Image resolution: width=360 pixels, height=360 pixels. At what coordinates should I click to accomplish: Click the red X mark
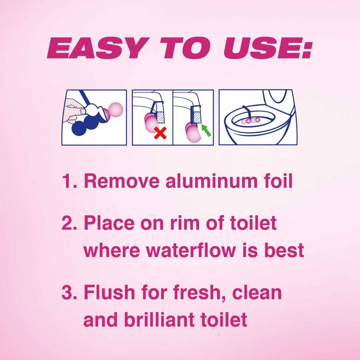[160, 133]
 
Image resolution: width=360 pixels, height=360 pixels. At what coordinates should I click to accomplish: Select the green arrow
[206, 130]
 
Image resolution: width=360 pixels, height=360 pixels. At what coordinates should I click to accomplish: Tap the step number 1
[69, 181]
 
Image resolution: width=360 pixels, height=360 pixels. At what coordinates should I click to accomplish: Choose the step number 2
[69, 223]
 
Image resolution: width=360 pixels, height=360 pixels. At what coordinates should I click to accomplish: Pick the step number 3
[69, 292]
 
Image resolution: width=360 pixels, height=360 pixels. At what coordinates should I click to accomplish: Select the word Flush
[109, 292]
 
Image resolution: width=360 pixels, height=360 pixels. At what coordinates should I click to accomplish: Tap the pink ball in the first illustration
[116, 110]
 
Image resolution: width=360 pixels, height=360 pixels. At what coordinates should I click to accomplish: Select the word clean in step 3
[257, 292]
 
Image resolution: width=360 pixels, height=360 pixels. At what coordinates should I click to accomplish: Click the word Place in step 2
[109, 223]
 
